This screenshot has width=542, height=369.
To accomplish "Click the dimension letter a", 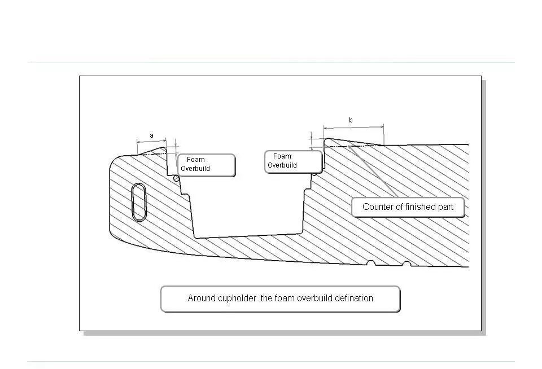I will point(151,135).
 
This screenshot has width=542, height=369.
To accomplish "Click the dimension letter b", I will point(351,120).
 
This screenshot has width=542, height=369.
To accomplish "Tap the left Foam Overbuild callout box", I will point(206,165).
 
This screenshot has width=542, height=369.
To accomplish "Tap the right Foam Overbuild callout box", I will point(294,161).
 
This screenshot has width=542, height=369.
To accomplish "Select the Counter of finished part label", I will point(408,207).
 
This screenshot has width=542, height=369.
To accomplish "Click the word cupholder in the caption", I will point(237,298).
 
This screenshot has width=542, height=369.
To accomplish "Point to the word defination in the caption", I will point(352,298).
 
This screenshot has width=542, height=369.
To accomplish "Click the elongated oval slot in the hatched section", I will point(139,202).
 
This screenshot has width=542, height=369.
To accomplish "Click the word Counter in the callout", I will point(378,207).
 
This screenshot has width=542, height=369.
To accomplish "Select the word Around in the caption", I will point(202,298).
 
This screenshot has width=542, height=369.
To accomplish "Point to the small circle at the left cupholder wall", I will point(177,179).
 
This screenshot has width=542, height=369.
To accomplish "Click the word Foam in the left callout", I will point(196,160).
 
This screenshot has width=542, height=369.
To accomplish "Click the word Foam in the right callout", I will point(282,156).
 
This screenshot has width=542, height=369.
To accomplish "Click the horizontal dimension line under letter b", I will point(353,126).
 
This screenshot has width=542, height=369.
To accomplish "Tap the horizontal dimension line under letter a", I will point(151,141).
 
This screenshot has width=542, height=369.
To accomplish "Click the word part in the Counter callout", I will point(445,207).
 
